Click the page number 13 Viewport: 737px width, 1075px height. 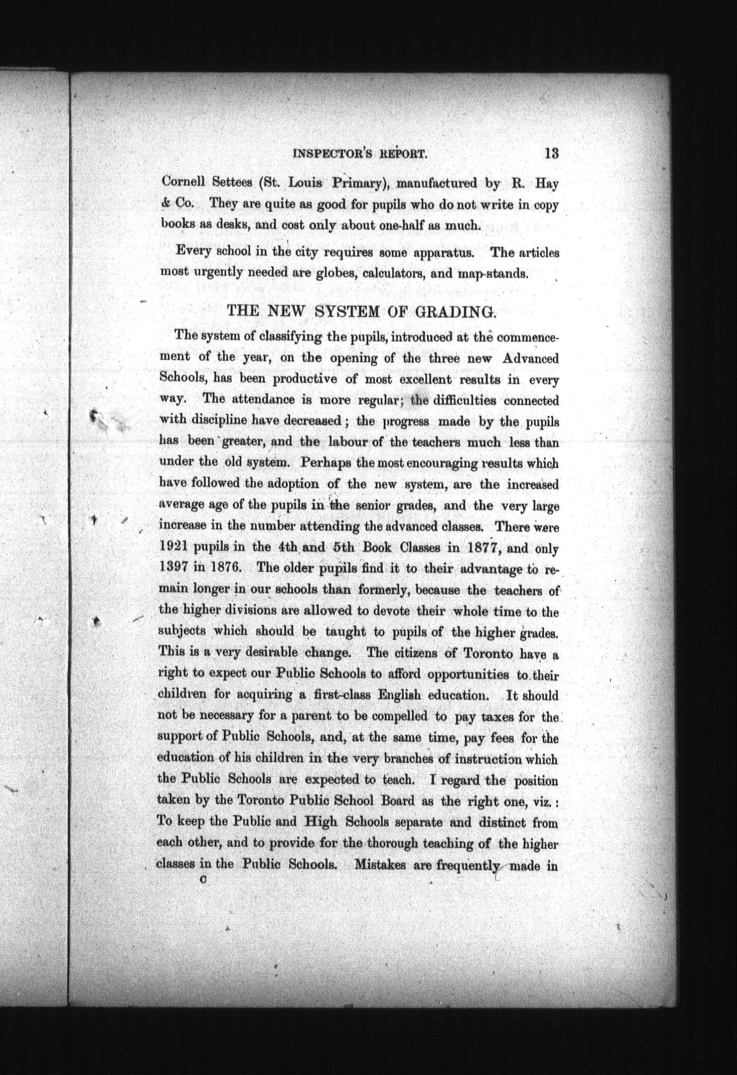tap(551, 153)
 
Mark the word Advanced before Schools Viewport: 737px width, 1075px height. tap(530, 358)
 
